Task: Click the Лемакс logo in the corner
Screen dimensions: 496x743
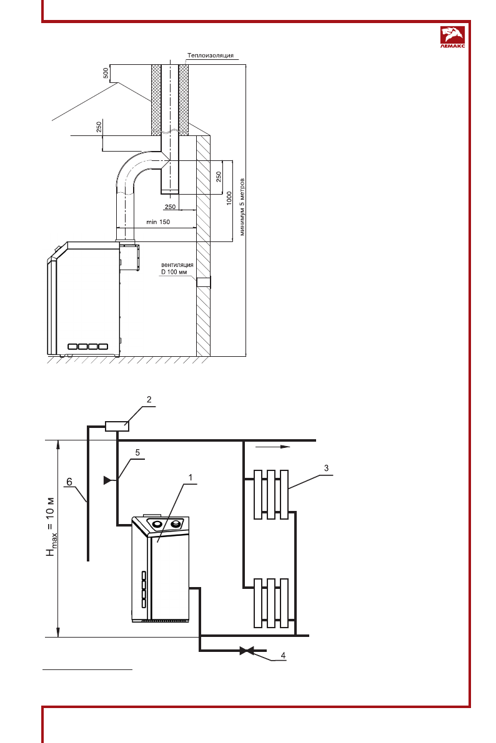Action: point(453,37)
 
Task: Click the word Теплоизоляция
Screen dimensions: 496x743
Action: point(211,56)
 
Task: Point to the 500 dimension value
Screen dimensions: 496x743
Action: point(106,73)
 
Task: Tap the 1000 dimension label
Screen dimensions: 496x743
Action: point(229,198)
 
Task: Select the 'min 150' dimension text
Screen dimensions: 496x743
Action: point(158,221)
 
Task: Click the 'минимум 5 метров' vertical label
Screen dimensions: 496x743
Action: point(242,207)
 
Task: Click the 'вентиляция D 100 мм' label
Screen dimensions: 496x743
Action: point(177,268)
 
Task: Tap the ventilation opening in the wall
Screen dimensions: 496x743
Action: point(204,283)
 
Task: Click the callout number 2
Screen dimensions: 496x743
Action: point(149,399)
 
